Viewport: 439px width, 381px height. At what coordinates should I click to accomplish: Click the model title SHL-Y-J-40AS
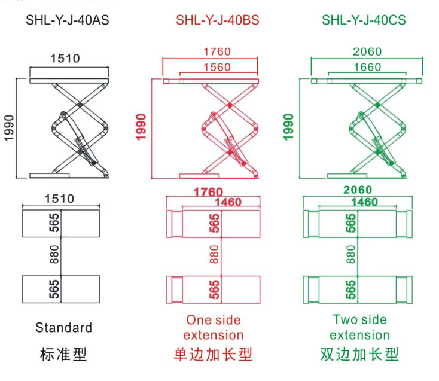pos(67,20)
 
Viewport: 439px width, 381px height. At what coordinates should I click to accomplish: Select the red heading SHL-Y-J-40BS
pos(217,20)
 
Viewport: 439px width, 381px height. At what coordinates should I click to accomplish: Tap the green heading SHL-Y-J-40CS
pos(364,20)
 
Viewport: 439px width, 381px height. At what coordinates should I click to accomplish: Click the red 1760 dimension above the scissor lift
pos(217,52)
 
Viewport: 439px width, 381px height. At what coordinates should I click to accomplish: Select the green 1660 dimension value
pos(368,67)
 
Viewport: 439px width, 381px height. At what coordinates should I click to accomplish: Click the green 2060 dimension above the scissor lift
pos(368,52)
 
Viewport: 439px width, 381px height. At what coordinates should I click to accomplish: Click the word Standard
pos(64,327)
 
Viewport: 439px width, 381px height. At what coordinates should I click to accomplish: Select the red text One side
pos(213,319)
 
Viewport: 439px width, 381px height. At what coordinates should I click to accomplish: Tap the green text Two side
pos(359,319)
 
